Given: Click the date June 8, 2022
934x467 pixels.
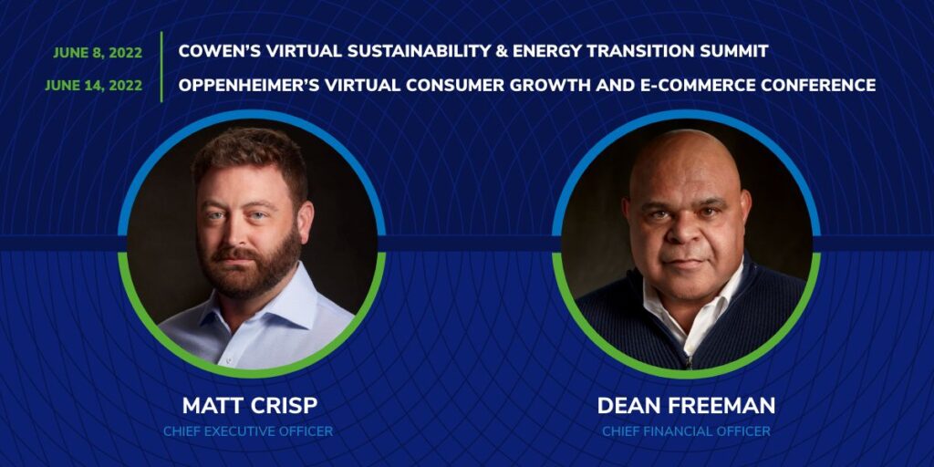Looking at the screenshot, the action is pos(98,52).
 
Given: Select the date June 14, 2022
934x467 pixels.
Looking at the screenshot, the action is pos(94,86).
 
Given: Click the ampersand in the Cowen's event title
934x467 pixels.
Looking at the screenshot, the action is pos(499,51).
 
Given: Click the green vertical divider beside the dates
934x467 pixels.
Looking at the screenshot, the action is pos(161,67).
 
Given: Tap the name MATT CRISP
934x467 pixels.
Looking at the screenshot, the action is pos(250,406).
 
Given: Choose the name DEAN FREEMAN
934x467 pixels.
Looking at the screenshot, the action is pos(686,406).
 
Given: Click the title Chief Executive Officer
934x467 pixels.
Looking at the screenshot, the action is pos(248,431).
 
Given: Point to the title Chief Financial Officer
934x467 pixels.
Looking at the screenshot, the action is pos(686,431).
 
